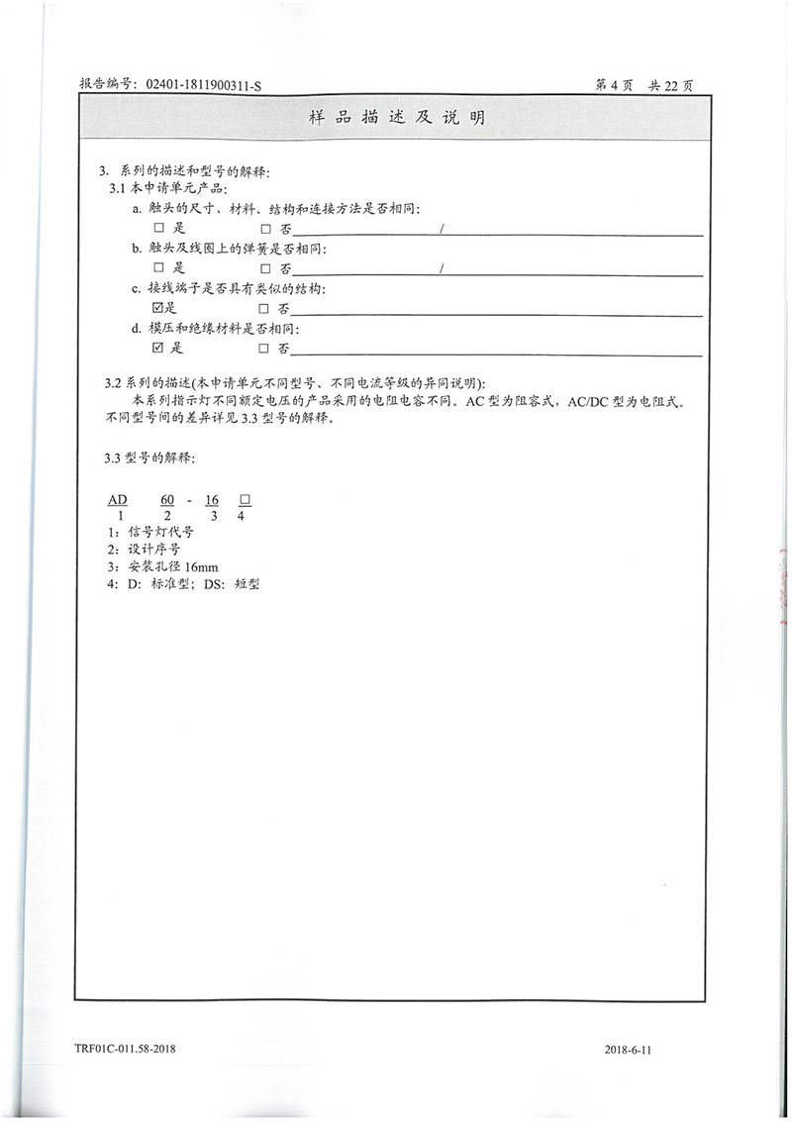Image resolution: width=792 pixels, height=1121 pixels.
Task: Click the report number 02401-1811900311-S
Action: coord(203,86)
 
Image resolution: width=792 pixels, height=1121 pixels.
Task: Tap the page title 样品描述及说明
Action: coord(396,117)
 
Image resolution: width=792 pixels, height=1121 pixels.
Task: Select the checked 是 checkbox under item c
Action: coord(157,308)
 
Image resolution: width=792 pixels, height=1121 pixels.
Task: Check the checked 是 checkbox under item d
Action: coord(157,348)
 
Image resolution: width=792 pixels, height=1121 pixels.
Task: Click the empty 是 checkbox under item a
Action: coord(158,230)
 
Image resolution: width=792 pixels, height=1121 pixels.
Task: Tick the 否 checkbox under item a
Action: coord(264,230)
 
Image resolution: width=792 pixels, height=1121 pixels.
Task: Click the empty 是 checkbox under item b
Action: coord(158,268)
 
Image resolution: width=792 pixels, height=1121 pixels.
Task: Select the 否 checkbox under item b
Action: coord(264,268)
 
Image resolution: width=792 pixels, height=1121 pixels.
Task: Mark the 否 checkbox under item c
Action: coord(264,308)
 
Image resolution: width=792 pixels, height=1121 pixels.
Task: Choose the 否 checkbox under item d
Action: coord(264,348)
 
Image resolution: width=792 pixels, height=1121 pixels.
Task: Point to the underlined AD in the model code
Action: coord(118,501)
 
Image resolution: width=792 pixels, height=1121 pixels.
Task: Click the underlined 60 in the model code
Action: coord(167,501)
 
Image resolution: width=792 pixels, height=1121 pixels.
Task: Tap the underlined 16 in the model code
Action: coord(212,501)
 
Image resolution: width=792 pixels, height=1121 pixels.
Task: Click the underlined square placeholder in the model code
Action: coord(245,501)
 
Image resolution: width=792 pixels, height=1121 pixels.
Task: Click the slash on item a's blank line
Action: coord(442,230)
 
